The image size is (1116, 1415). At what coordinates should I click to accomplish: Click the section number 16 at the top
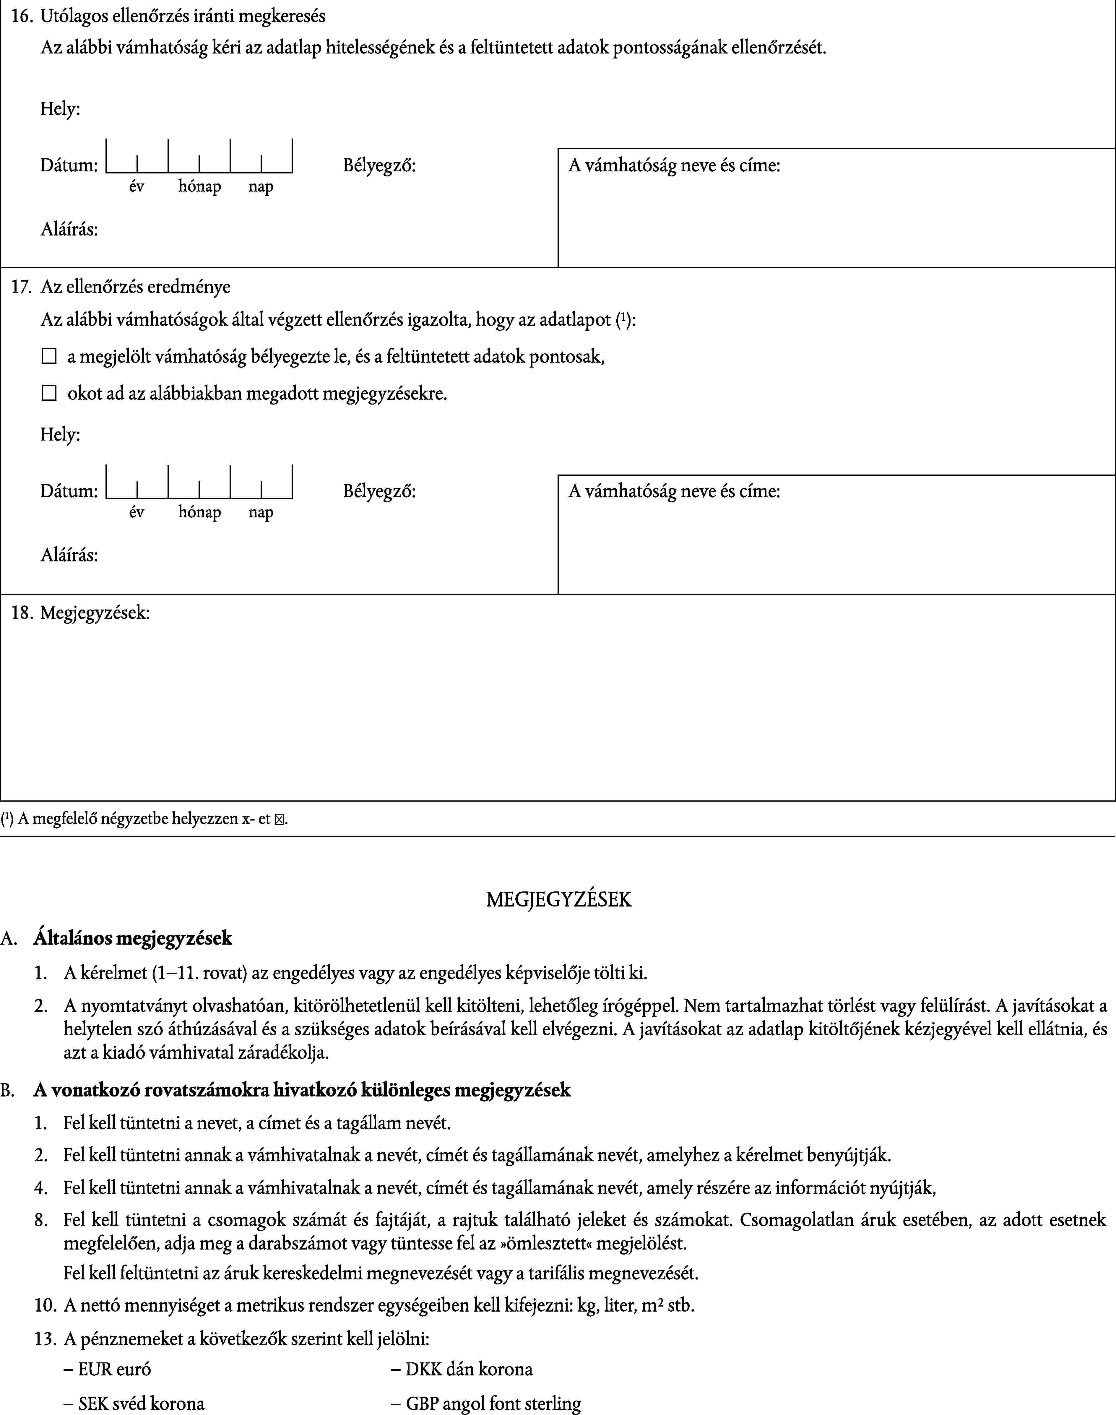[22, 16]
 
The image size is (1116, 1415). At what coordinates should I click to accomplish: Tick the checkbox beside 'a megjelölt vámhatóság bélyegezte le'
[49, 357]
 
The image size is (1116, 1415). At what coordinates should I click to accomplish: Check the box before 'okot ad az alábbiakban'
[49, 393]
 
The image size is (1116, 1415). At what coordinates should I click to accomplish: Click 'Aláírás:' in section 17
[69, 555]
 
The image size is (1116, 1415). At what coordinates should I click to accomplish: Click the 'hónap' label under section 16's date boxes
[199, 187]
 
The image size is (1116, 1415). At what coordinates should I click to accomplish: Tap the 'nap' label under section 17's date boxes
[261, 513]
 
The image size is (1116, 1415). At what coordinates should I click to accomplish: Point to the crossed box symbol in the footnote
[280, 819]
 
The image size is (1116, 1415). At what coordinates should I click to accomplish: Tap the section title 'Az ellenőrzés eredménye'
[135, 287]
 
